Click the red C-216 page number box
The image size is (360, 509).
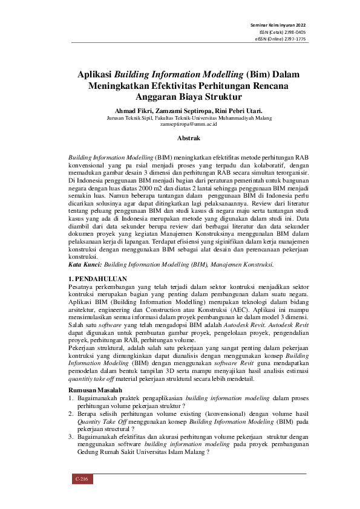[81, 479]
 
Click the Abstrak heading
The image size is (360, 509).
[180, 138]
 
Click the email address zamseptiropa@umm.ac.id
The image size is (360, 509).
[180, 124]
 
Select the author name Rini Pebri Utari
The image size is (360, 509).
[221, 111]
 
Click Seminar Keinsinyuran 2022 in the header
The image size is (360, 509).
[278, 24]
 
